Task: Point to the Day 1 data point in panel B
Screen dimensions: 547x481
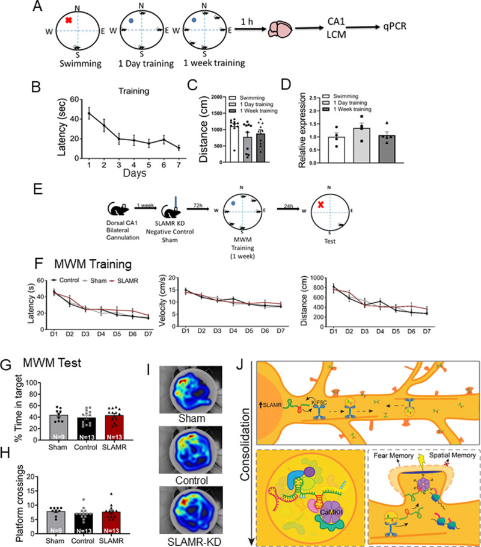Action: point(90,113)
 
